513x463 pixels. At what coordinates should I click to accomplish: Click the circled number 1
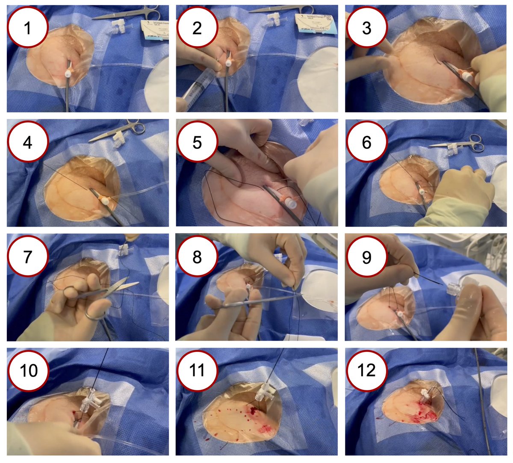pos(28,28)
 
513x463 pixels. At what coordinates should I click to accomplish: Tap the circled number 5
pos(197,142)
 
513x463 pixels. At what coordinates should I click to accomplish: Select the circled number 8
pos(197,257)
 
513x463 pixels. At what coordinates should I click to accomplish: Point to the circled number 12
pos(366,371)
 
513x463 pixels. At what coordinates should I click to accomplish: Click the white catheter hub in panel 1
pos(68,74)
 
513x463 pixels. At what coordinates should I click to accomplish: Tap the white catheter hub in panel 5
pos(291,204)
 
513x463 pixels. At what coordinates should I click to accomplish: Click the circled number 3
pos(366,28)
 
